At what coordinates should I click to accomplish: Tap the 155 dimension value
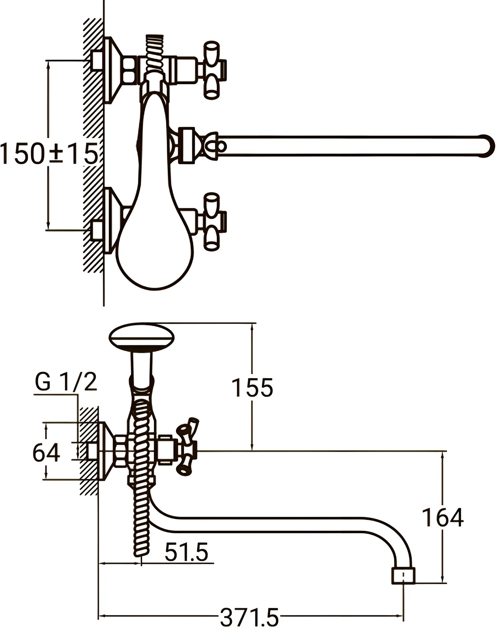pos(252,387)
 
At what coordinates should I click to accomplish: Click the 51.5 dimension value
pos(186,552)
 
